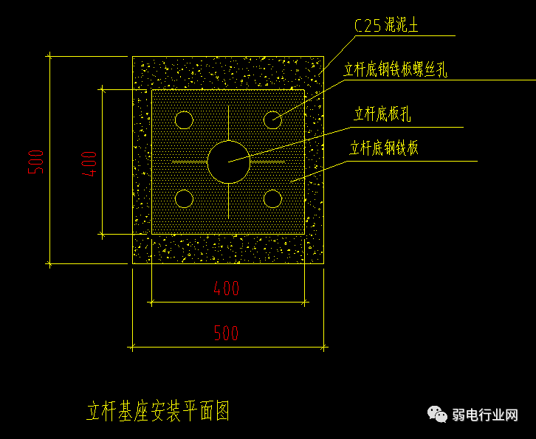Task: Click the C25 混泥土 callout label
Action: point(386,27)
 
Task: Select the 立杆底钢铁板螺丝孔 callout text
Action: point(396,71)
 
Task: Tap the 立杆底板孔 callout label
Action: point(382,114)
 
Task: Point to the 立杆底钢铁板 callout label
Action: point(384,149)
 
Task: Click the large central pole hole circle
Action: point(228,162)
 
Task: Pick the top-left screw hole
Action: point(184,120)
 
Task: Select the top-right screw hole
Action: point(272,120)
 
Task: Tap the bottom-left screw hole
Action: point(184,198)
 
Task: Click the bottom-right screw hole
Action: point(272,198)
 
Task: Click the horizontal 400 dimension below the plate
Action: point(227,288)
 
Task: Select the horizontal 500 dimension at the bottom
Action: point(227,333)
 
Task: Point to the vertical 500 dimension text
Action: point(37,162)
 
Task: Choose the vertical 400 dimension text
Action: point(89,162)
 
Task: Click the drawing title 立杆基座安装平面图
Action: point(159,411)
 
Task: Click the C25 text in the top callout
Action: point(368,27)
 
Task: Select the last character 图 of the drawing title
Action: point(223,411)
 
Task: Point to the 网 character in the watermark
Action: point(512,415)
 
